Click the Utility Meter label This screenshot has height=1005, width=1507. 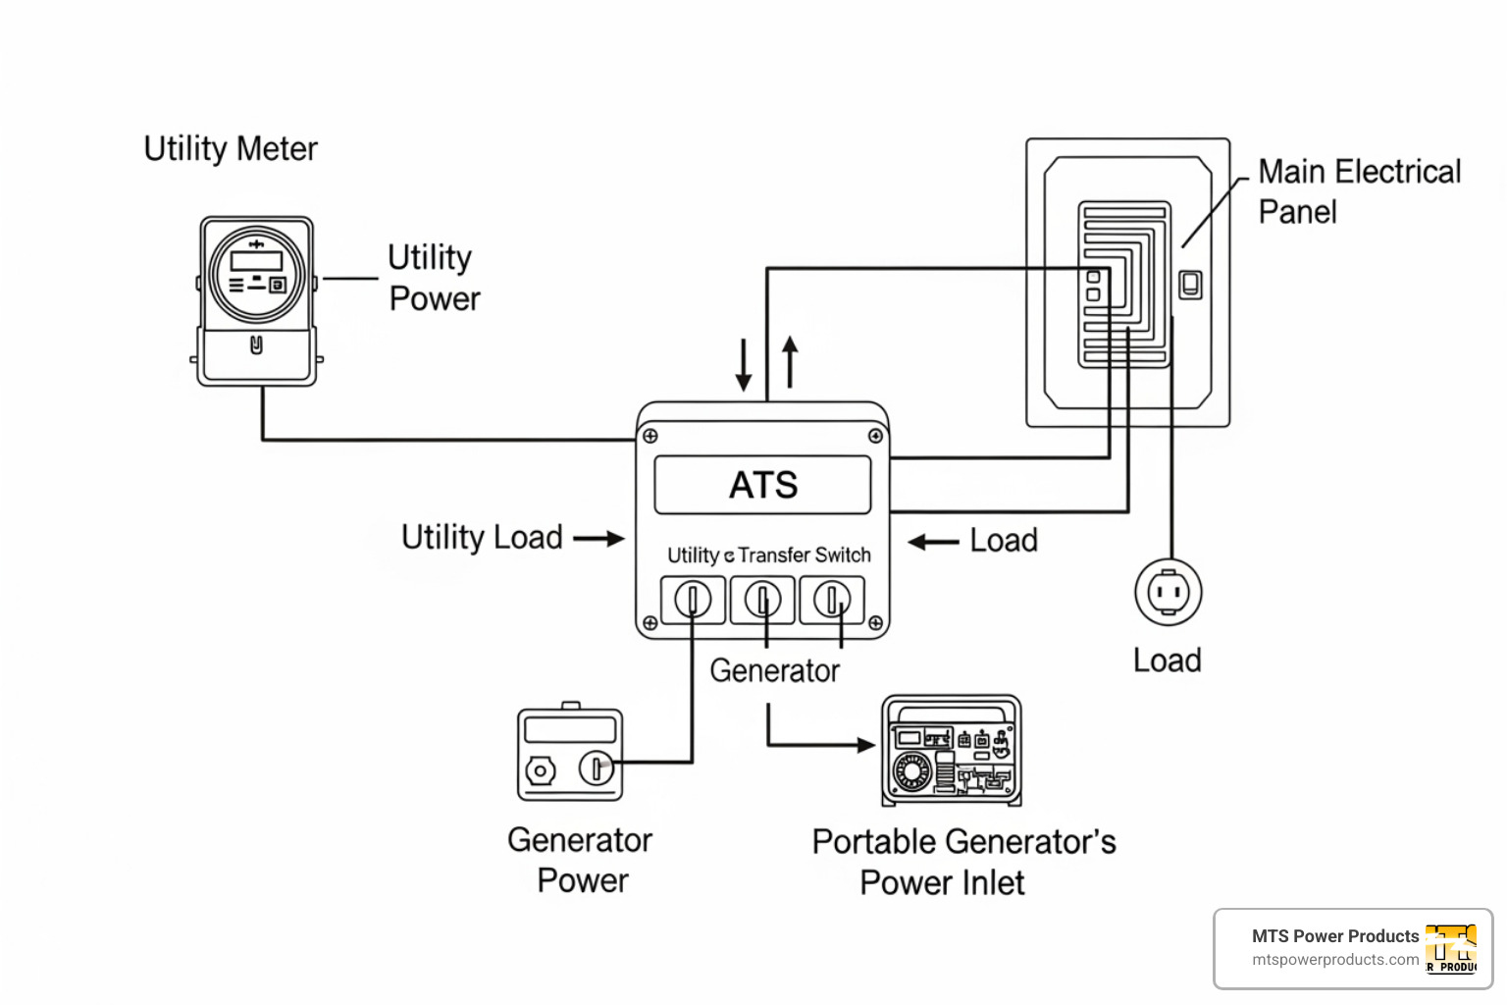point(231,149)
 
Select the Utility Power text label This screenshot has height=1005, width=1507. point(433,278)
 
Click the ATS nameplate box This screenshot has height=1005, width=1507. point(762,485)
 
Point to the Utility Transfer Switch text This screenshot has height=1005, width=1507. point(768,555)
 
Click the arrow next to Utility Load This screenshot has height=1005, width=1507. point(598,538)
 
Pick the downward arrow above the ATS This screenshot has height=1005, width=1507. point(744,364)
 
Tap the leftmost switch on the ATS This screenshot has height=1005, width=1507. point(693,599)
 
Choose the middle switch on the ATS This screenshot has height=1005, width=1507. point(762,599)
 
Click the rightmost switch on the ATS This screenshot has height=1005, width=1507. point(832,599)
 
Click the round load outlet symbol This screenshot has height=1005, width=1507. point(1168,592)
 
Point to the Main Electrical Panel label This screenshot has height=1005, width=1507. point(1359,191)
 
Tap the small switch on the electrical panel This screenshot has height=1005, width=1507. point(1190,285)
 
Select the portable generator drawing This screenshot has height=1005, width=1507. point(952,750)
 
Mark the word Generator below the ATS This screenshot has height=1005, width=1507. point(774,671)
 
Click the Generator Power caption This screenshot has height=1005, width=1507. point(581,860)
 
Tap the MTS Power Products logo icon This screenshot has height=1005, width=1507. point(1451,949)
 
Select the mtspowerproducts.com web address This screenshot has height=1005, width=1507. point(1335,960)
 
